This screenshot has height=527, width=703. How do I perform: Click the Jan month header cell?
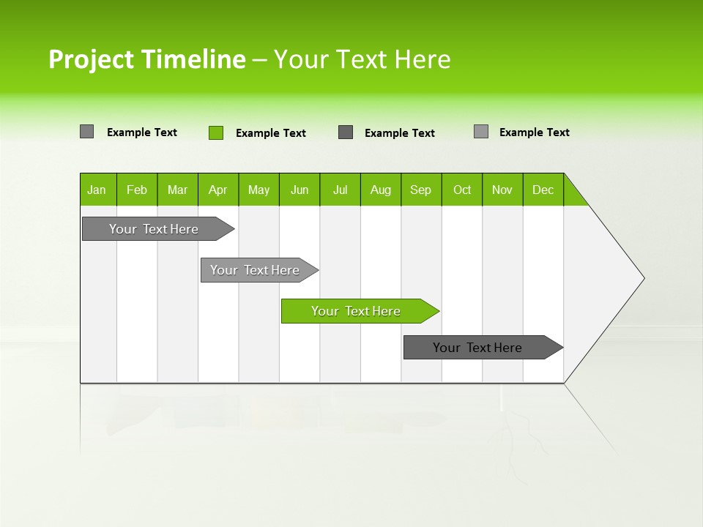97,190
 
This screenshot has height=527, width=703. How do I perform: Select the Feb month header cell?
137,190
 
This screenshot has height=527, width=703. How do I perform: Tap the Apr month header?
218,190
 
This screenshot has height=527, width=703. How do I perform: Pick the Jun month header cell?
300,190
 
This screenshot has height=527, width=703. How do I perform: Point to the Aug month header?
381,190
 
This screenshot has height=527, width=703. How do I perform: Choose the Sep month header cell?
421,190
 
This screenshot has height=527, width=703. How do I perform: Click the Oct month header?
462,190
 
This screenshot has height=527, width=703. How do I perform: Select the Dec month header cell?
543,190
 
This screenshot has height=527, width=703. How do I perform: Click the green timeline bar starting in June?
357,311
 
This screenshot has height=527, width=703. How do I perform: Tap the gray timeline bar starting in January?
154,229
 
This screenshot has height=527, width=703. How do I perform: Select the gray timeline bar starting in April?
256,270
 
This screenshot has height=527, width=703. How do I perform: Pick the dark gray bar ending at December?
478,348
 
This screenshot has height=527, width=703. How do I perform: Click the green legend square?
216,132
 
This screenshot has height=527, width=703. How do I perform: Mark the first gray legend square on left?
86,132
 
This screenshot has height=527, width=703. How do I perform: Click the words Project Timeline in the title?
146,59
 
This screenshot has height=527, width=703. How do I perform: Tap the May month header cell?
258,190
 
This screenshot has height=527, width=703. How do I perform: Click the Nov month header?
502,190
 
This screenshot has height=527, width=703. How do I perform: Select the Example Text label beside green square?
270,133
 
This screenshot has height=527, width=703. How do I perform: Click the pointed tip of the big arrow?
642,277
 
